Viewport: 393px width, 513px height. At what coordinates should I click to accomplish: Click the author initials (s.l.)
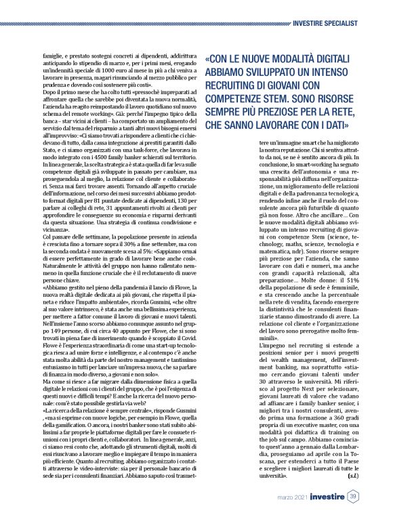(x=353, y=476)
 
